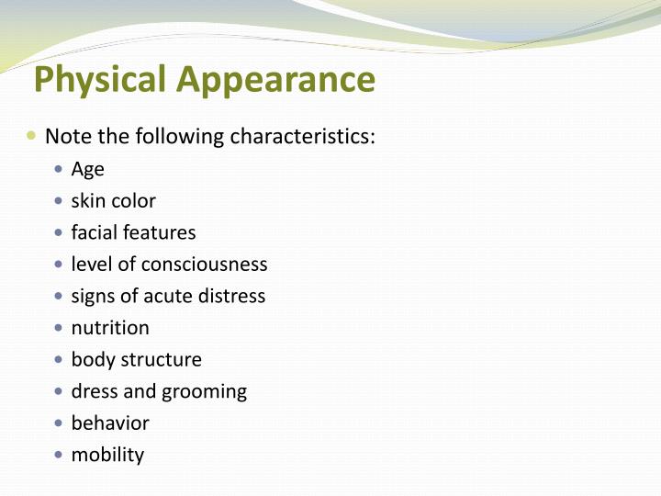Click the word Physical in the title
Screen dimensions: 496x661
click(x=101, y=81)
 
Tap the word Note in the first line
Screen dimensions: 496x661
click(x=67, y=137)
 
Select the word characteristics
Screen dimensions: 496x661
click(x=302, y=137)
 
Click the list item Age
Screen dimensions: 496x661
click(x=87, y=170)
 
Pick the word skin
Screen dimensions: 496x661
click(x=88, y=200)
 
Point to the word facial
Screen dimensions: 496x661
click(x=95, y=232)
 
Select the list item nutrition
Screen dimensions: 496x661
click(x=110, y=328)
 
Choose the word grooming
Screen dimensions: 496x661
click(x=204, y=392)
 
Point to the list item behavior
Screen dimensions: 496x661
click(x=110, y=423)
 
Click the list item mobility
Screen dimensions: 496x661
click(x=107, y=455)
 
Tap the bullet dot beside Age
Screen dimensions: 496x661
click(x=59, y=170)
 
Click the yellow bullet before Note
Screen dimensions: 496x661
click(x=32, y=136)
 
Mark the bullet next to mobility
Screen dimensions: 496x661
click(x=59, y=455)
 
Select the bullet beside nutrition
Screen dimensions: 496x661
click(x=59, y=328)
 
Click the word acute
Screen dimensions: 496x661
click(x=167, y=296)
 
